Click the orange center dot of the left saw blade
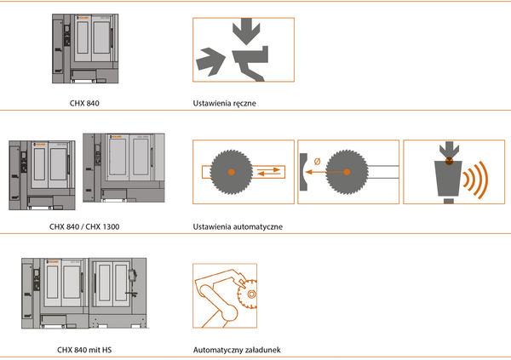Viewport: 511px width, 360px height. click(230, 173)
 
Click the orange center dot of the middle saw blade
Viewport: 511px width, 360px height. click(347, 173)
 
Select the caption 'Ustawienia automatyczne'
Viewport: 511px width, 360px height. click(238, 226)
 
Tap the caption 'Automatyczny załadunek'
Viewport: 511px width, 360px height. click(238, 350)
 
